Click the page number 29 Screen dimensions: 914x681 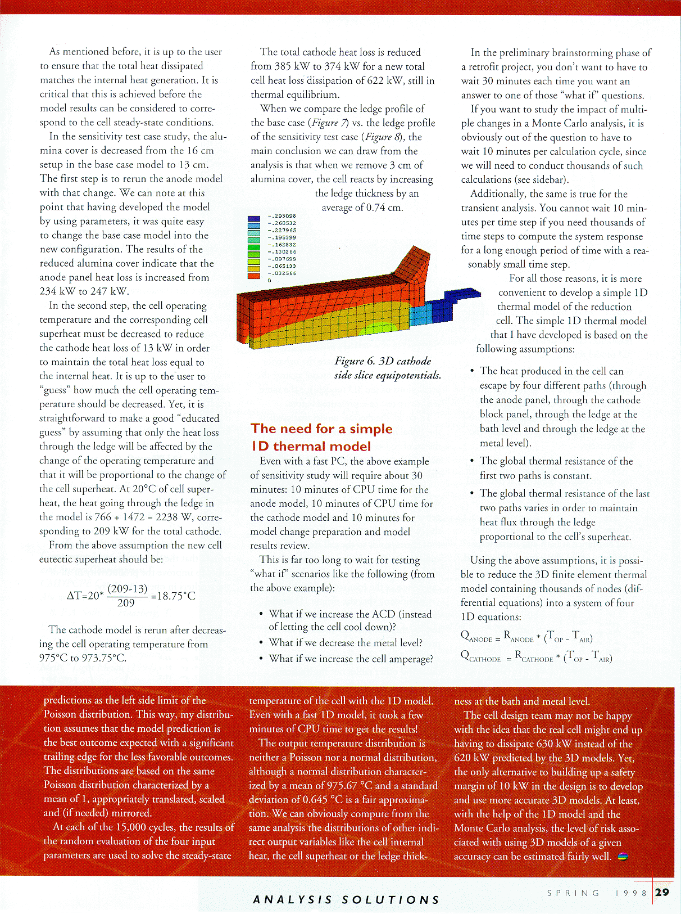[662, 892]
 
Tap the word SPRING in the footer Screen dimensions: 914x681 [573, 893]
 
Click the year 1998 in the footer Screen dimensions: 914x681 [632, 893]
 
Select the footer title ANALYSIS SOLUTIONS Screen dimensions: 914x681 [346, 900]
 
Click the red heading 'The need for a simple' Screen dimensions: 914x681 [321, 429]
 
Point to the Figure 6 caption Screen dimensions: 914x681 [387, 368]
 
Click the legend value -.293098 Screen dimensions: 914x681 [282, 216]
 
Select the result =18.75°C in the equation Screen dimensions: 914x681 [173, 596]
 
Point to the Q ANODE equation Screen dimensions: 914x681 [526, 637]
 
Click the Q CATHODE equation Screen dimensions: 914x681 [536, 657]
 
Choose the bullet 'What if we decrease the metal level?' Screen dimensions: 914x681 [346, 642]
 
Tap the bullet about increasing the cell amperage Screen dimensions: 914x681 [351, 659]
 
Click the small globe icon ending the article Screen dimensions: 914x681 [623, 857]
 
